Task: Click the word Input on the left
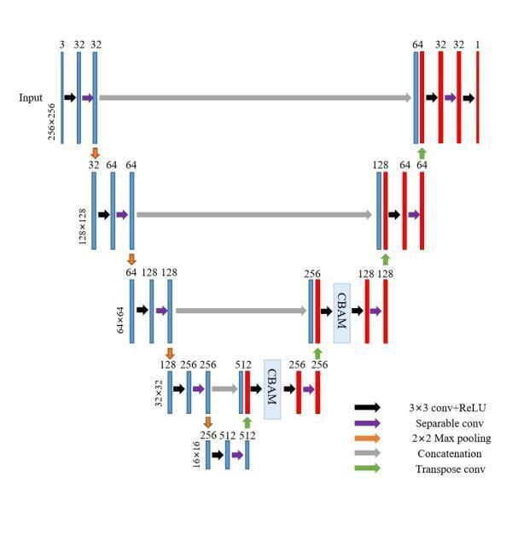coord(31,98)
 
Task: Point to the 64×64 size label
coord(121,314)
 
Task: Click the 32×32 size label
coord(159,392)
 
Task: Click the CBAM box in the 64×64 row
coord(341,312)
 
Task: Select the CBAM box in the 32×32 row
coord(272,389)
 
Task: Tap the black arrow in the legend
coord(368,408)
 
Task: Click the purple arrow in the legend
coord(368,423)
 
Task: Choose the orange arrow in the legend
coord(368,439)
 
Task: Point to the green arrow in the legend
coord(368,468)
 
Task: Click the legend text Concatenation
coord(449,454)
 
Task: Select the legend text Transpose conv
coord(451,469)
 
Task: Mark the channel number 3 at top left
coord(62,44)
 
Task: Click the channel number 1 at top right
coord(478,44)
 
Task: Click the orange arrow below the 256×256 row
coord(95,152)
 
